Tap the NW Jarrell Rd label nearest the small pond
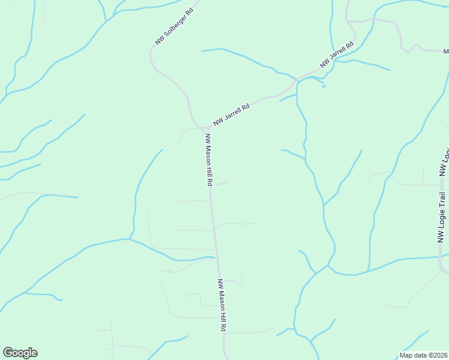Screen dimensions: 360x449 pyautogui.click(x=337, y=54)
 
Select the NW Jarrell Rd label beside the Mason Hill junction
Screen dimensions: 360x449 pyautogui.click(x=231, y=113)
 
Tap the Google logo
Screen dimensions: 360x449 pyautogui.click(x=20, y=353)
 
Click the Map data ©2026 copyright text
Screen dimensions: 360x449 pyautogui.click(x=424, y=355)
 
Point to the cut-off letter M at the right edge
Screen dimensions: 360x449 pyautogui.click(x=446, y=52)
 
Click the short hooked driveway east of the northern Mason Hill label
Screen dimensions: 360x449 pyautogui.click(x=222, y=183)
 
